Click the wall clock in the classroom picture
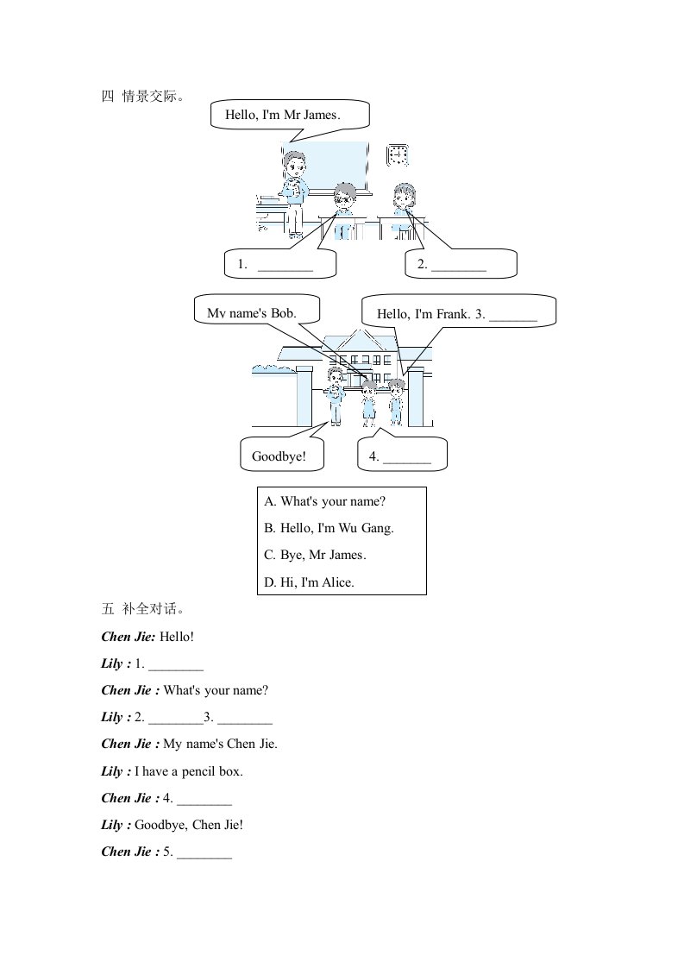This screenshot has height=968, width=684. (x=398, y=155)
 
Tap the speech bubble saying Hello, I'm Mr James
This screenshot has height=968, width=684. (x=290, y=116)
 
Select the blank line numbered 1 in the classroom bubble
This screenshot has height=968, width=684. (x=286, y=270)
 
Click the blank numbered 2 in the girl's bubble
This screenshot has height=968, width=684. (x=459, y=270)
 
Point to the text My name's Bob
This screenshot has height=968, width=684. (x=252, y=313)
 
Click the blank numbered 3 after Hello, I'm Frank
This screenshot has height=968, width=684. (x=513, y=320)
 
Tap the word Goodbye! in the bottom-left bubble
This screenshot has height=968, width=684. (x=279, y=457)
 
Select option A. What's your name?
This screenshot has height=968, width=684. (x=324, y=501)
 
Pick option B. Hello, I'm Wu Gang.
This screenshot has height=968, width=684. (x=329, y=528)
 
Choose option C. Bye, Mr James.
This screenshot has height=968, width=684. (x=316, y=555)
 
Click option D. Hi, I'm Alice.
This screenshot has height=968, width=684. (x=310, y=582)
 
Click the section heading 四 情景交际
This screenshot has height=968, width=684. (x=142, y=96)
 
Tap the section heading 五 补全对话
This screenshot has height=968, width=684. (x=142, y=609)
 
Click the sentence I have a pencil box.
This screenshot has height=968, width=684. (x=189, y=771)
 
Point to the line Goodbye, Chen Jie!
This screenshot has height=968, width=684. (x=189, y=825)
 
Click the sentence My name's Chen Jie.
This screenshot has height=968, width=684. (x=221, y=744)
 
